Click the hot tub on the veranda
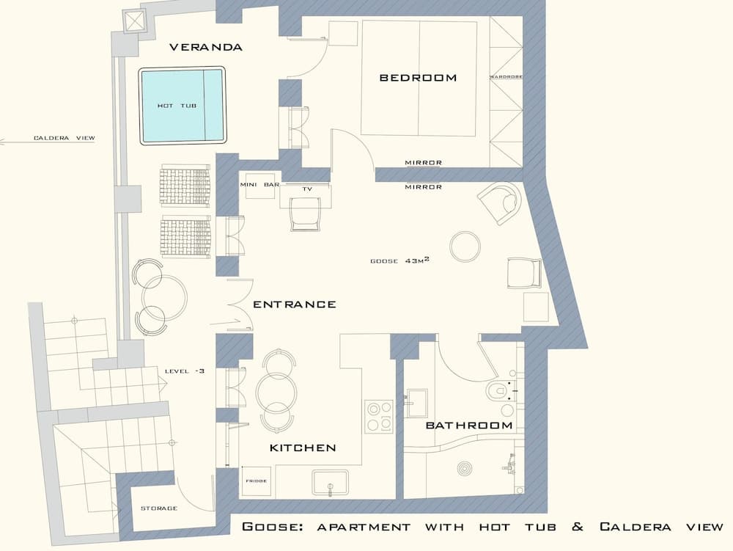(x=182, y=106)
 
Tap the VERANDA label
(x=205, y=48)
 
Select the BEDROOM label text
(x=417, y=78)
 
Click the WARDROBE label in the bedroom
(x=506, y=77)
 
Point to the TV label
(x=307, y=189)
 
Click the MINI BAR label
(x=259, y=185)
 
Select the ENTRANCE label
(x=294, y=304)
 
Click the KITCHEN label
(x=303, y=448)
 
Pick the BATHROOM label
(x=469, y=426)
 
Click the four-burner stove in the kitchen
(x=379, y=415)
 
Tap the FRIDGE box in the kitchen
(x=256, y=481)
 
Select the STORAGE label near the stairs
(x=158, y=508)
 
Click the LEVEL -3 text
(x=184, y=371)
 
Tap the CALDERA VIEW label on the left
(x=64, y=138)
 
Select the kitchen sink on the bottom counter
(x=331, y=484)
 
